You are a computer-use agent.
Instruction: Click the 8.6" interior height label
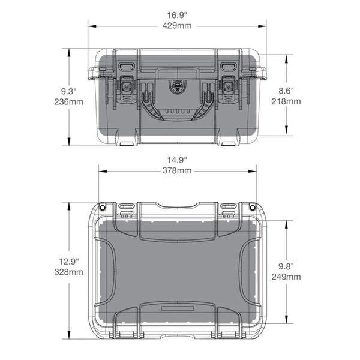point(286,91)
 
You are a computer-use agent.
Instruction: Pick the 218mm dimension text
point(286,102)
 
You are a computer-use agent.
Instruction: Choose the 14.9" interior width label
point(178,160)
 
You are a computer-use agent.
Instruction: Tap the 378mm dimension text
point(178,171)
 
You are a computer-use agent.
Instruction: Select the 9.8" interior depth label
point(286,265)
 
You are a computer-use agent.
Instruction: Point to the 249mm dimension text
point(286,277)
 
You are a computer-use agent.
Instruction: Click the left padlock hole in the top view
point(102,207)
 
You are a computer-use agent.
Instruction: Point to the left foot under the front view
point(127,143)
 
